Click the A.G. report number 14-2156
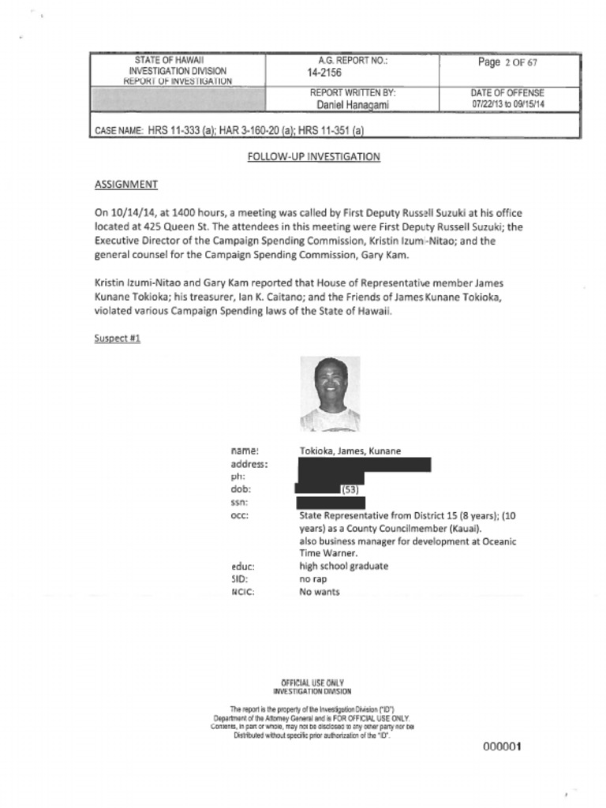click(x=324, y=73)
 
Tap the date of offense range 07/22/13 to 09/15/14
click(x=508, y=104)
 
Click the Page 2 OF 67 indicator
click(x=507, y=63)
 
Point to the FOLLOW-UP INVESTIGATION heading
click(x=313, y=157)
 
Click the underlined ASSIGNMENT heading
click(x=125, y=185)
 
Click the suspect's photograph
click(x=330, y=394)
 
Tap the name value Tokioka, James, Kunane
click(x=350, y=451)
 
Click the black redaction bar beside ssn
click(x=330, y=503)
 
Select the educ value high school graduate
click(x=343, y=566)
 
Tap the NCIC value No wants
click(x=319, y=592)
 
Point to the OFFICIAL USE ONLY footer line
click(x=312, y=683)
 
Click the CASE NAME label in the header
click(x=118, y=130)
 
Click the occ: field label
click(x=240, y=516)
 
